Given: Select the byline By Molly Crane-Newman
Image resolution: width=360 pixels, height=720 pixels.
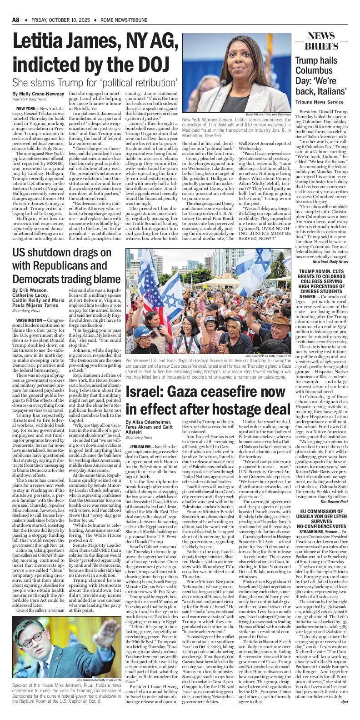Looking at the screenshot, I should click(39, 93).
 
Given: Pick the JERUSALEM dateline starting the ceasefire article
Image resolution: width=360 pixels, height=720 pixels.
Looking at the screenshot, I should click(141, 447).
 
